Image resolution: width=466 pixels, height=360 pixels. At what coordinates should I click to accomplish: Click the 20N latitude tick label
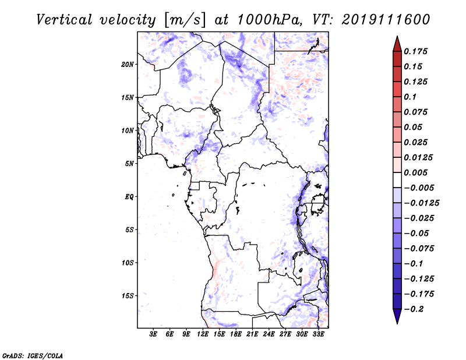tap(128, 64)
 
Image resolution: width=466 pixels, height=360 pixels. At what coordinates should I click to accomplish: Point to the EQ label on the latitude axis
tap(129, 197)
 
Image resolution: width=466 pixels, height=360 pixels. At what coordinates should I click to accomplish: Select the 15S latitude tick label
tap(128, 296)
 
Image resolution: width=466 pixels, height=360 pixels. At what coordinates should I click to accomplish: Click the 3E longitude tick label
tap(153, 335)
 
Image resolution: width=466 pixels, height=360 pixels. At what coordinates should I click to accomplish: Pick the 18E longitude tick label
tap(236, 335)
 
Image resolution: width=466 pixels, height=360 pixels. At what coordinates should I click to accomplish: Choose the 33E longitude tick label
tap(319, 335)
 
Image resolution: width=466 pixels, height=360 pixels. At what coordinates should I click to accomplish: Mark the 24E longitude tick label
tap(269, 335)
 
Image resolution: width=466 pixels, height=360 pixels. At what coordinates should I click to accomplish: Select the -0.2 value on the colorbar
tap(416, 309)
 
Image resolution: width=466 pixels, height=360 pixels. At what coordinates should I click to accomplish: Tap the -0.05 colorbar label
tap(416, 233)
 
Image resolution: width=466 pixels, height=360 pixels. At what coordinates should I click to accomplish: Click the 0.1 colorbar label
tap(412, 97)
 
